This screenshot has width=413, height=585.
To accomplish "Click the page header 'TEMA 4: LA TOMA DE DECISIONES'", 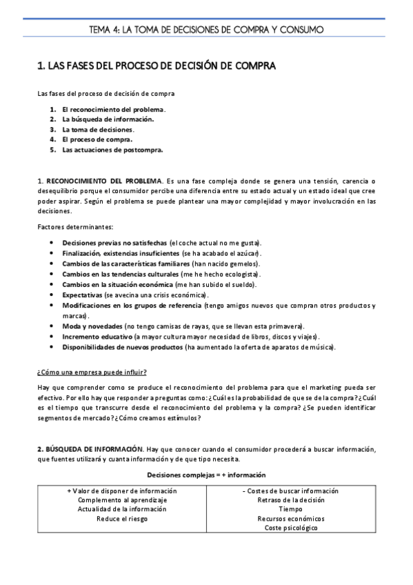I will pyautogui.click(x=206, y=29).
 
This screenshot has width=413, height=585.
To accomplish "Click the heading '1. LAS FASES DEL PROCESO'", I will pyautogui.click(x=156, y=66).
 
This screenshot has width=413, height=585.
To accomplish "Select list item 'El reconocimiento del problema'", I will pyautogui.click(x=113, y=109).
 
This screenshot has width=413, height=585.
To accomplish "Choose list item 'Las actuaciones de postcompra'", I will pyautogui.click(x=112, y=149).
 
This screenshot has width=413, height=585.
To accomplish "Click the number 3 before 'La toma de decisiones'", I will pyautogui.click(x=52, y=129).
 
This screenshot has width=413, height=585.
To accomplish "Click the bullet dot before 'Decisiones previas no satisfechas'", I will pyautogui.click(x=52, y=244).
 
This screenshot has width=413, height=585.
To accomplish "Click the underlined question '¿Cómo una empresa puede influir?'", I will pyautogui.click(x=92, y=373).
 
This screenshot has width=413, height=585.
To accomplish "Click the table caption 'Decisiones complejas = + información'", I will pyautogui.click(x=206, y=475).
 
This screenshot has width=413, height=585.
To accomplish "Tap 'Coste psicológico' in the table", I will pyautogui.click(x=291, y=528).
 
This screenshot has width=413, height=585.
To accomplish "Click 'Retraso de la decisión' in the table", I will pyautogui.click(x=291, y=500).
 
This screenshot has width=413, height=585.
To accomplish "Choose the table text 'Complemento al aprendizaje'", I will pyautogui.click(x=122, y=500).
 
